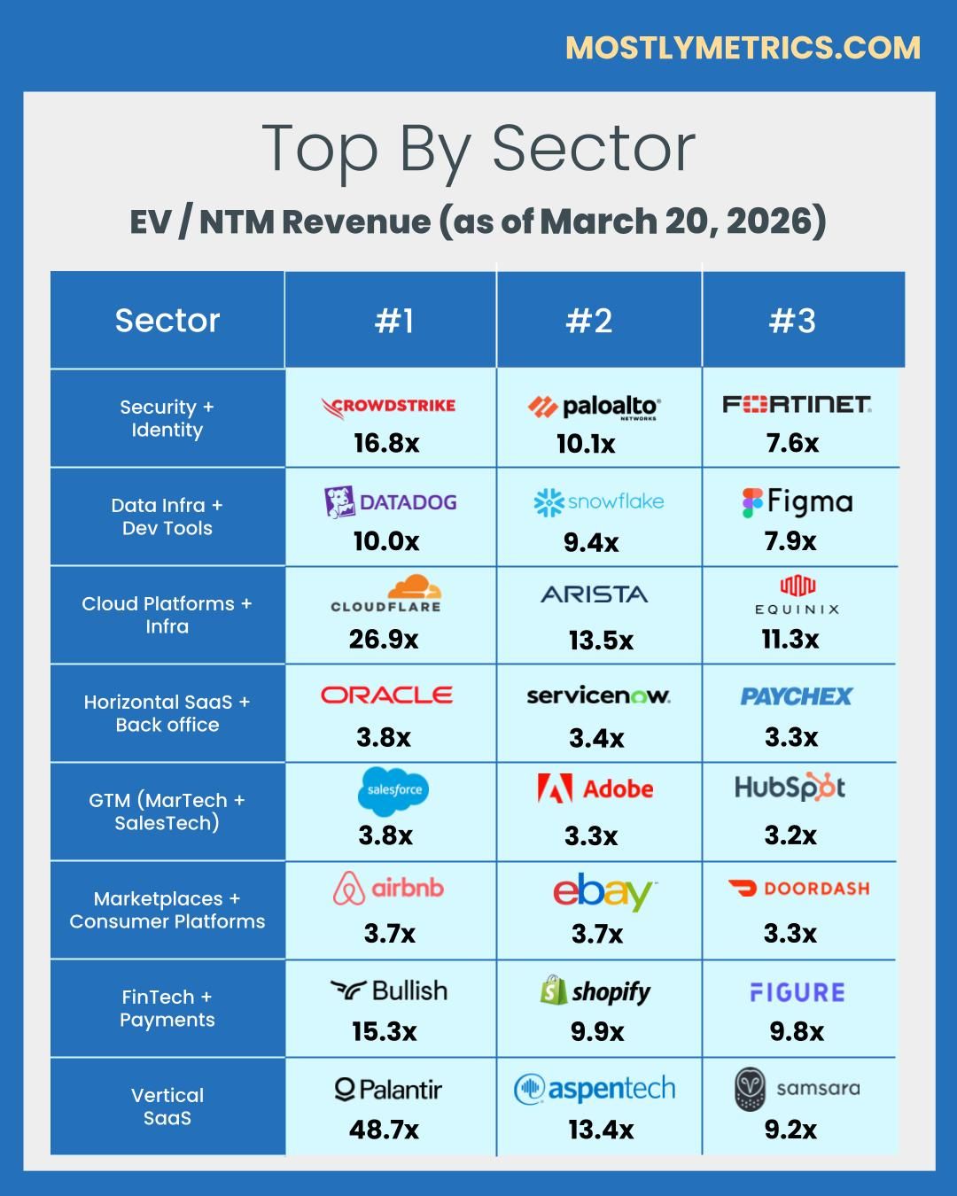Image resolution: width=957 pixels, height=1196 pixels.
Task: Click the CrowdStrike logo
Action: click(388, 406)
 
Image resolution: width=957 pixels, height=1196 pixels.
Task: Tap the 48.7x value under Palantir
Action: click(384, 1130)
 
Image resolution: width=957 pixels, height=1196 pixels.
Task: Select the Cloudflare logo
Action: click(386, 594)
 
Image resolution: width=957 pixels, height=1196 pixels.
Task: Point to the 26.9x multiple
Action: click(384, 639)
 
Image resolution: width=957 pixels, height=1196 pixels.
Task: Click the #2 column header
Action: click(589, 321)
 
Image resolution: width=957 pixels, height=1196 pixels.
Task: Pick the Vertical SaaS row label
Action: click(167, 1107)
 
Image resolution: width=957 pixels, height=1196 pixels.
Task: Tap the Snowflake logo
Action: click(598, 501)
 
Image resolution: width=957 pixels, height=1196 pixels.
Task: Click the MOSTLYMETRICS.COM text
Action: click(743, 48)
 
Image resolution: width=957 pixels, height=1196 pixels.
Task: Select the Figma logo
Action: click(797, 502)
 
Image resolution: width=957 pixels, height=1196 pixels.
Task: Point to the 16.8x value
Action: click(386, 443)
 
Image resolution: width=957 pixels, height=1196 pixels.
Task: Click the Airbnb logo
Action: click(388, 888)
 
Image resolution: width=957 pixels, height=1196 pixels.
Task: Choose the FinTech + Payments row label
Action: click(167, 1008)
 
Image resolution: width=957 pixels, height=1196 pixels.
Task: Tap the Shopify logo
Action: click(595, 990)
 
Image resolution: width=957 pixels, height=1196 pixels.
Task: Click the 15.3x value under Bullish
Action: click(384, 1031)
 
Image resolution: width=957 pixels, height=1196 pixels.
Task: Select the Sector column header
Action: click(167, 321)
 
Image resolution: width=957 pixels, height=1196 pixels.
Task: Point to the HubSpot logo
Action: click(790, 787)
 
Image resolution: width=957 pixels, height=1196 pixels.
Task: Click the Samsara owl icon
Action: click(750, 1089)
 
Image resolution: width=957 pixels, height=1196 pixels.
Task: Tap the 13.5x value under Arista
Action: click(601, 641)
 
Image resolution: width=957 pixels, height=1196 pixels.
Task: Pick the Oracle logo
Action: click(386, 695)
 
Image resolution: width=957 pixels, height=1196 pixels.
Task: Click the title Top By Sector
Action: click(478, 149)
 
